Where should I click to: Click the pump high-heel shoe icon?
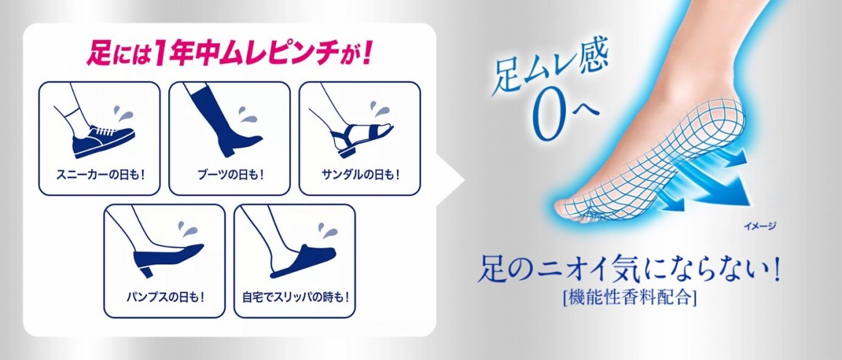tap(167, 259)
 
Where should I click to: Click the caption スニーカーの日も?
tap(100, 175)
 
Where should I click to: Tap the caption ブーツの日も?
tap(229, 175)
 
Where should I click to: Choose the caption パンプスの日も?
tap(164, 297)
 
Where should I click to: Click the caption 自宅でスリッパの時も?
tap(295, 297)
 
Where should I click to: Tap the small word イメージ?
tap(759, 226)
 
